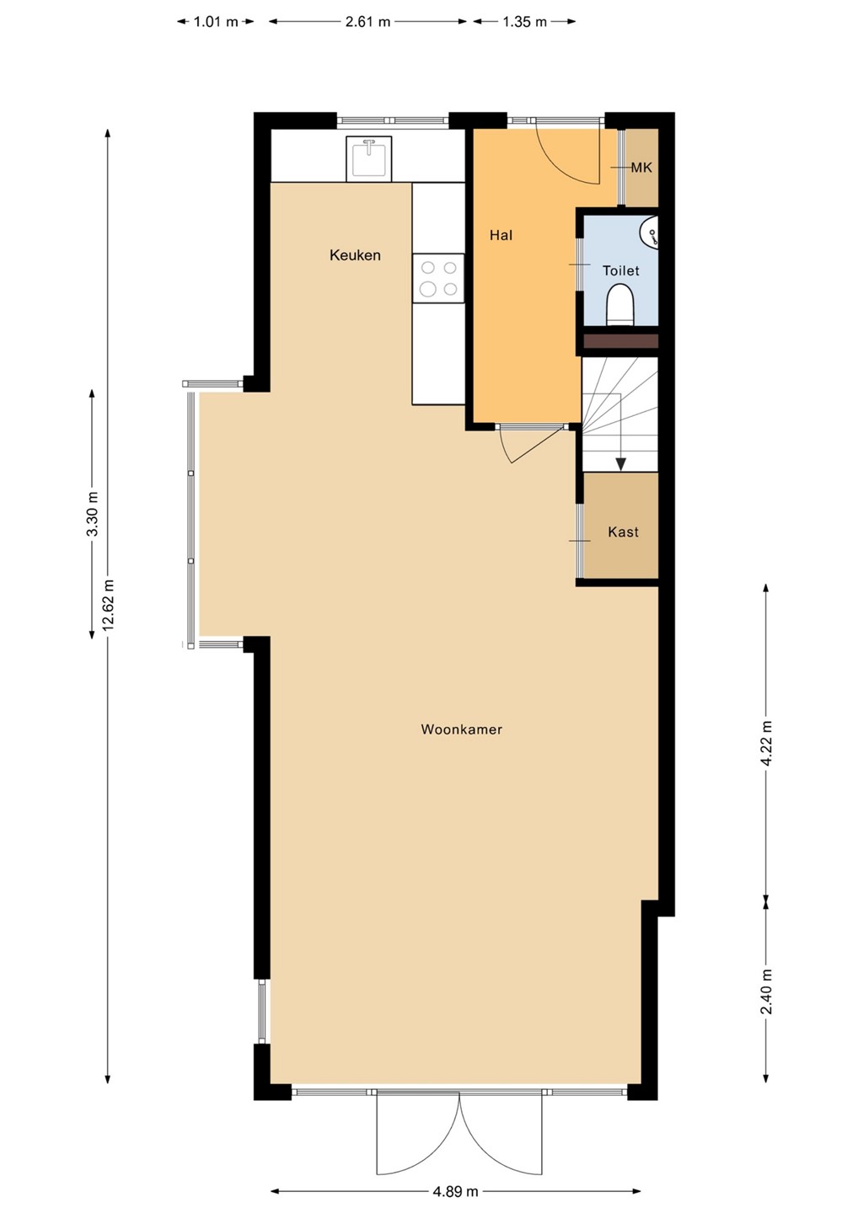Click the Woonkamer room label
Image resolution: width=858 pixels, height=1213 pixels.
tap(462, 729)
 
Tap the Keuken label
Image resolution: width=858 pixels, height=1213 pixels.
tap(355, 255)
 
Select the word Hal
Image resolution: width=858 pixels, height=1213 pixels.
tap(501, 235)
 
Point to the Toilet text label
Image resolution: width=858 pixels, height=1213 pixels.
tap(621, 270)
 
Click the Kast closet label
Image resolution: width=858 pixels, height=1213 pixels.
tap(623, 532)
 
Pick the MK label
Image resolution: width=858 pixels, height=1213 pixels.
tap(641, 168)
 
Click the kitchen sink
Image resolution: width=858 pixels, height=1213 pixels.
tap(369, 158)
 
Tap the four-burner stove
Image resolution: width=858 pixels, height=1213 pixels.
tap(438, 278)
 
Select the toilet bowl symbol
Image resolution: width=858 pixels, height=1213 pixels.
tap(620, 306)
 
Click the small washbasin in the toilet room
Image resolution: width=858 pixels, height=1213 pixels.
tap(649, 233)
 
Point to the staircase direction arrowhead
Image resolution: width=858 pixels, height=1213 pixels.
tap(621, 464)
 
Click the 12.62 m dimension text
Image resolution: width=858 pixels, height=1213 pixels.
tap(108, 605)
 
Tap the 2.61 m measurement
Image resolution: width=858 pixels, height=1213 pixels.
tap(367, 22)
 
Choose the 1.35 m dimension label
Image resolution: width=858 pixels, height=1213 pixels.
tap(524, 22)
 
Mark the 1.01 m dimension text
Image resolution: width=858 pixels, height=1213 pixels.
tap(216, 22)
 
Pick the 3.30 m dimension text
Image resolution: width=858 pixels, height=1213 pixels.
tap(93, 514)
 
